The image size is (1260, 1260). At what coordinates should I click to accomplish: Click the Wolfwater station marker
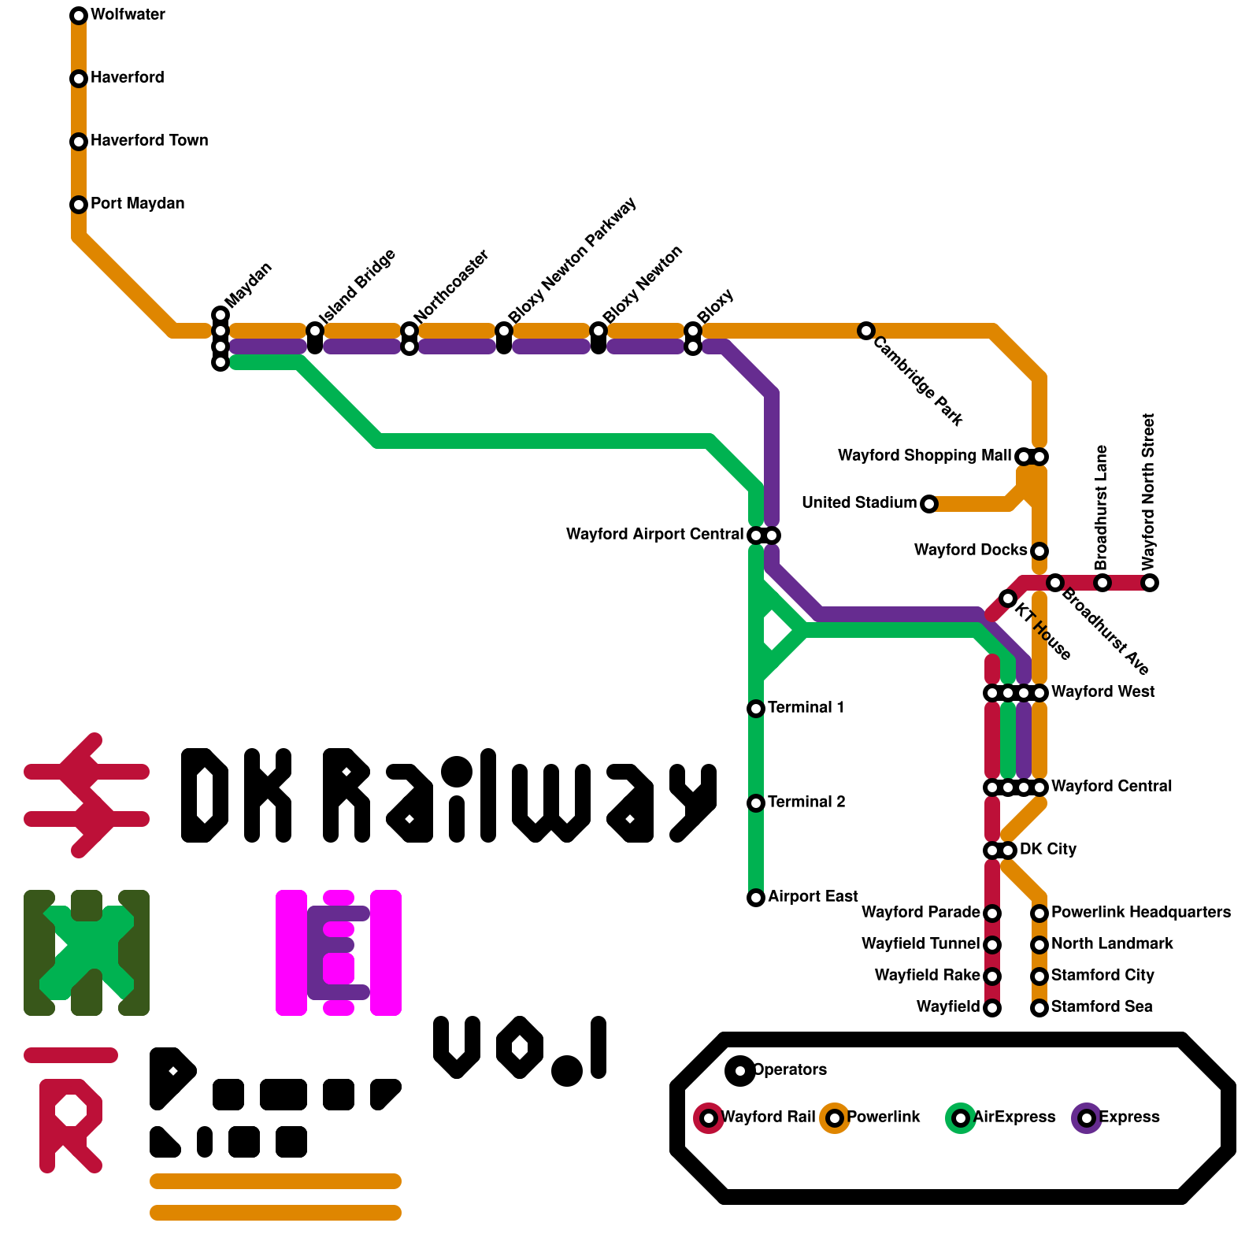coord(79,16)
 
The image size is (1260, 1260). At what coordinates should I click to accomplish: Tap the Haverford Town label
coord(149,141)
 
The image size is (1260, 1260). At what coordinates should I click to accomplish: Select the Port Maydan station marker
coord(79,205)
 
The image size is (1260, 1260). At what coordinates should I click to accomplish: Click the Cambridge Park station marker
coord(866,331)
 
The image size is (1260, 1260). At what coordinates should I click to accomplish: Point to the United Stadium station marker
coord(929,504)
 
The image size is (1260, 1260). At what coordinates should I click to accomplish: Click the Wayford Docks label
coord(970,550)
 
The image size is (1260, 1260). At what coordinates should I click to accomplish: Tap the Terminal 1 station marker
coord(756,709)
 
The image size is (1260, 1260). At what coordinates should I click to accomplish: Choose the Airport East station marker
coord(756,898)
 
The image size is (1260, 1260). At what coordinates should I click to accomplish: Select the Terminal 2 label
coord(806,802)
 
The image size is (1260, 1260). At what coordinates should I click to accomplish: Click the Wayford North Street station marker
coord(1150,583)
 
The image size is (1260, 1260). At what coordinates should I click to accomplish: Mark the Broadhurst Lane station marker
coord(1102,583)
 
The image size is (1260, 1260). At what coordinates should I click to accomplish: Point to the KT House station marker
coord(1008,598)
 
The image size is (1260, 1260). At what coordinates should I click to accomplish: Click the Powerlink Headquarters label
coord(1140,913)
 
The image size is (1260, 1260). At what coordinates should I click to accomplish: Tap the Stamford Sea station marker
coord(1039,1008)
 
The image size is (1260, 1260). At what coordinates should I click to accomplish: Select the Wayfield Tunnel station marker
coord(992,945)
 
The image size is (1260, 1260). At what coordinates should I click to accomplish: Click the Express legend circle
coord(1087,1118)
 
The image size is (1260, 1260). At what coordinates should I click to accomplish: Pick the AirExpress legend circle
coord(961,1118)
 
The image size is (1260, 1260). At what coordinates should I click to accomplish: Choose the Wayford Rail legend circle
coord(709,1118)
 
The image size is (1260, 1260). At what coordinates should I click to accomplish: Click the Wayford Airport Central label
coord(654,535)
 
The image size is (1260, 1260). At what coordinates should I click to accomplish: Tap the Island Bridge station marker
coord(315,331)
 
